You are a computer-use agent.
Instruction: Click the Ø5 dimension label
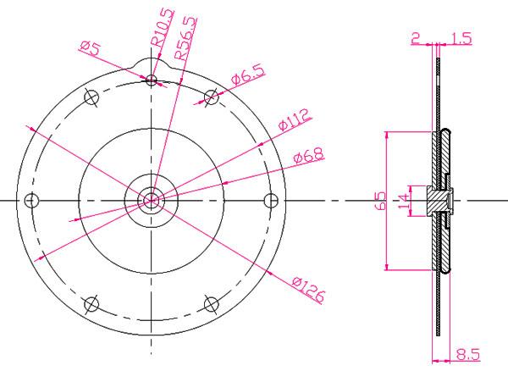point(91,48)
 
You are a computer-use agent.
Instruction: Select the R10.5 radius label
point(163,28)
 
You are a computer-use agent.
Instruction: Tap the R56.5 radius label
point(185,38)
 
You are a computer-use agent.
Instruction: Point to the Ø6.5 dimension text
point(248,75)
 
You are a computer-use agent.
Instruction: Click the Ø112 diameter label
point(294,119)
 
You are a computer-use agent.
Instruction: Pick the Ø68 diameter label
point(308,155)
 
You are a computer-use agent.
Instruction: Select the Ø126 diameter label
point(308,290)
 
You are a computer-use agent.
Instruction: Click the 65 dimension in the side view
point(381,201)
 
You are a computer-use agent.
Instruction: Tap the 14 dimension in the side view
point(403,202)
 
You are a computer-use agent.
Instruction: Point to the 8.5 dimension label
point(468,354)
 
